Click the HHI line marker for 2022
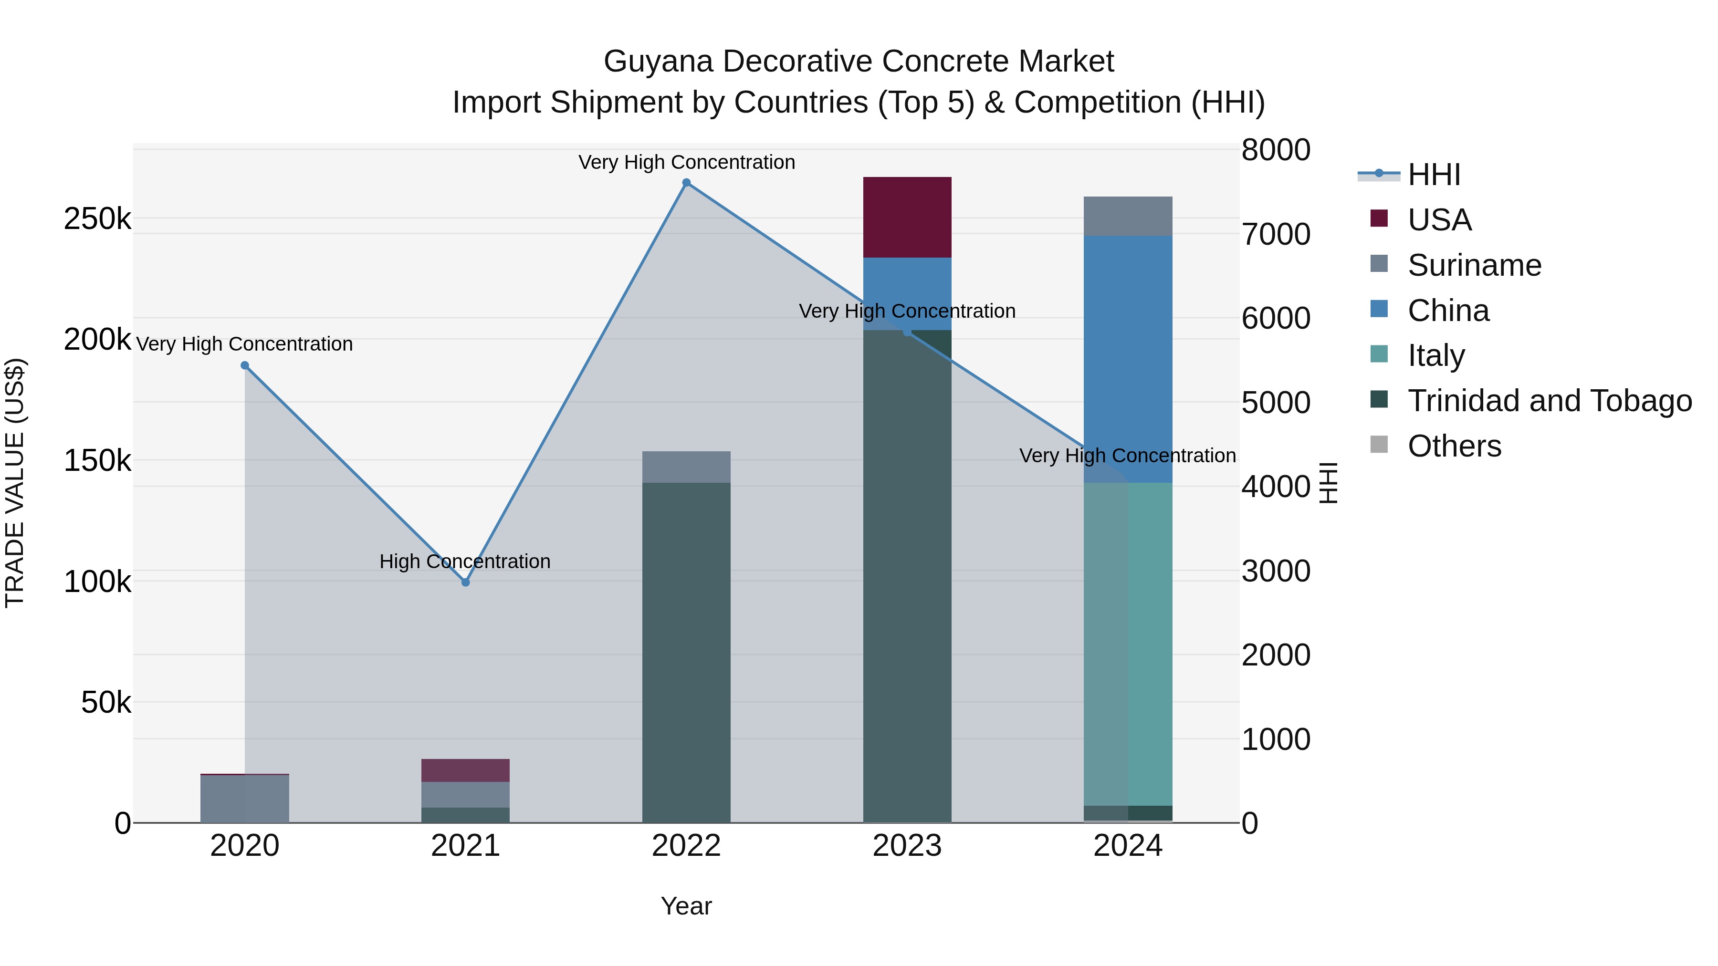686,183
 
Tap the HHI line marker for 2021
465,582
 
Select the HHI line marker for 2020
245,365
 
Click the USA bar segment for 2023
907,218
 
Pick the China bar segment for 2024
1128,359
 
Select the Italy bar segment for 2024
1128,644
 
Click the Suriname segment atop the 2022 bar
686,467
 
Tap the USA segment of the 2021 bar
465,770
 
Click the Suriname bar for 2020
245,798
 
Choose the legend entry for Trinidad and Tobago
1549,401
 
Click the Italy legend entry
1436,355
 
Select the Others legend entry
1454,446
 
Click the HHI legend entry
1434,175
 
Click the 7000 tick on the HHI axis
1275,234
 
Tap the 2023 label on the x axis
907,846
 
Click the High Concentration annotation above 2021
465,561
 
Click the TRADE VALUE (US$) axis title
15,483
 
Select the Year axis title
686,906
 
